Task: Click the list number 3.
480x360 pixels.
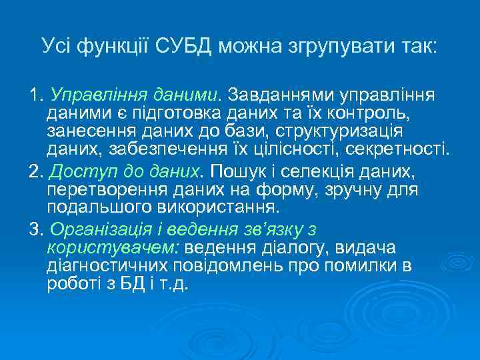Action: pyautogui.click(x=34, y=230)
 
